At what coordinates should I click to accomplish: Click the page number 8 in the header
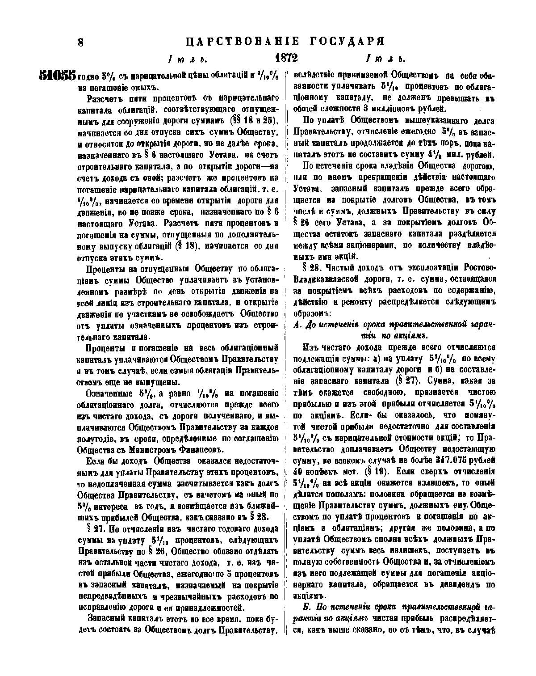pyautogui.click(x=80, y=42)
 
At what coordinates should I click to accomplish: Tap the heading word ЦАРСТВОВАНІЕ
pyautogui.click(x=242, y=42)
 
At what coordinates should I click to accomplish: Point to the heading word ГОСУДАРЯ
pyautogui.click(x=347, y=42)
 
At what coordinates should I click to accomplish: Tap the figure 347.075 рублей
pyautogui.click(x=462, y=460)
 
